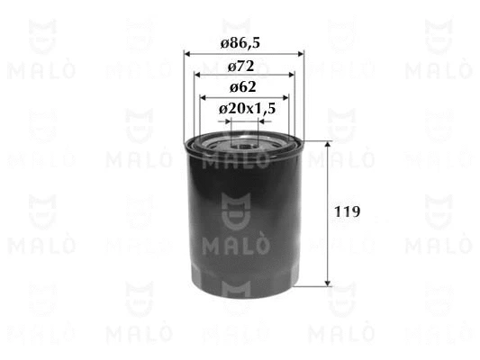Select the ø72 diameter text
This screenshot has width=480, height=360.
[x=243, y=66]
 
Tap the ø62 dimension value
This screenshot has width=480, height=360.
[x=243, y=87]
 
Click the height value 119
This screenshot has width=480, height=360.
[x=348, y=213]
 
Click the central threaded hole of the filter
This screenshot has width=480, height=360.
[x=244, y=142]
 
